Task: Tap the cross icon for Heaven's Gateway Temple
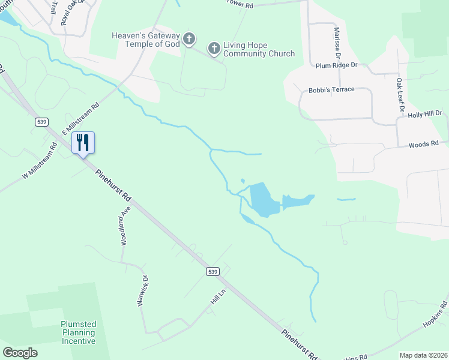[188, 40]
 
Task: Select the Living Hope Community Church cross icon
[213, 48]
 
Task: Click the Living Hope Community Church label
[259, 49]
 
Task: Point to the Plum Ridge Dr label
[336, 65]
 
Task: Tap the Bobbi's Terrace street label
[331, 89]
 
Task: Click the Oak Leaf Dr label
[399, 95]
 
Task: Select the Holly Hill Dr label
[424, 113]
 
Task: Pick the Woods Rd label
[424, 144]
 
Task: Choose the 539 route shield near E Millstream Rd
[41, 122]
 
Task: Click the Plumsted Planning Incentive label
[78, 332]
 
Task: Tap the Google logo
[20, 353]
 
